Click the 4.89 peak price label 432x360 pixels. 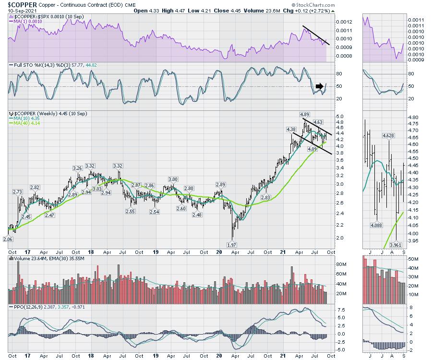point(304,115)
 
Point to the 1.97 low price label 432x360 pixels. point(232,245)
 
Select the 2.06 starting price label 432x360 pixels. point(7,239)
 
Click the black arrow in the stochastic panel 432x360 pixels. point(319,86)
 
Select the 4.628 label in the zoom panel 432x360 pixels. point(388,136)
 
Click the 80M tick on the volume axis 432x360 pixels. point(341,264)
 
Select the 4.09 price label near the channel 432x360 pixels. point(312,149)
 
